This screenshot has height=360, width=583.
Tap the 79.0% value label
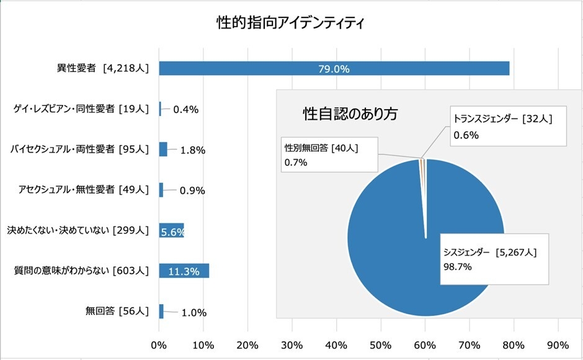tap(334, 69)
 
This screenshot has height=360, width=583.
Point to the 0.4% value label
tap(185, 110)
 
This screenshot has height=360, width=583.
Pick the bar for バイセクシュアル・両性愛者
tap(163, 150)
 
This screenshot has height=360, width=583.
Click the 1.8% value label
tap(193, 150)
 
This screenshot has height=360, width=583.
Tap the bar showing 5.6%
tap(171, 231)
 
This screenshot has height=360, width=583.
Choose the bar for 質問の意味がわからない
tap(184, 271)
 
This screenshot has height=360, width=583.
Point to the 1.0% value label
tap(194, 312)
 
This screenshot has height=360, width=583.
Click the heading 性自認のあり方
tap(350, 114)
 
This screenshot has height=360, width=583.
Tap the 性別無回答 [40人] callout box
tap(329, 155)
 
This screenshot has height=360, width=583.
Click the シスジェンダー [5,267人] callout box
tap(494, 259)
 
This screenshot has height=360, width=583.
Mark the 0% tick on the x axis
tap(159, 345)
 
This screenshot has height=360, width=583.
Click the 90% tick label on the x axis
tap(558, 345)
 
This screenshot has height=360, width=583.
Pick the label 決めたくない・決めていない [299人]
tap(78, 231)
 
